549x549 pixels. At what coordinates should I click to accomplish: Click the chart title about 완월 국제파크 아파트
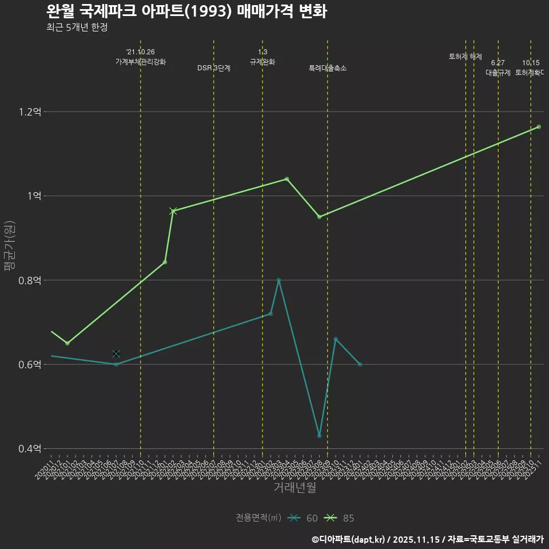(186, 11)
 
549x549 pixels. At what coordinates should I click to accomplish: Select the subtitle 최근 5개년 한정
(77, 27)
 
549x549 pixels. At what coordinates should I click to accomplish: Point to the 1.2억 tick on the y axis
(30, 112)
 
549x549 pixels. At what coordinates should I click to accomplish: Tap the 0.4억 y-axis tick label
(30, 449)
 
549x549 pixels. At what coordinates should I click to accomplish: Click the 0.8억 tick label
(30, 280)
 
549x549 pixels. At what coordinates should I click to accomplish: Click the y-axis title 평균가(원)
(9, 246)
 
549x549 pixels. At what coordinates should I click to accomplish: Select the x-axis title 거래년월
(295, 488)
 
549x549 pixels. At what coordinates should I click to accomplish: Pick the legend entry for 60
(303, 518)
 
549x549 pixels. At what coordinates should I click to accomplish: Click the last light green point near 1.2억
(539, 126)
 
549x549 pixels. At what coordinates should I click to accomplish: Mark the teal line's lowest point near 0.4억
(319, 436)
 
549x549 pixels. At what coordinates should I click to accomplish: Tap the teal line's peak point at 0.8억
(279, 280)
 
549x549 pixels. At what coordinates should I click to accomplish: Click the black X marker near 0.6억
(116, 354)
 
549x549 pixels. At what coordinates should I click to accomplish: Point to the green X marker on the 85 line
(173, 211)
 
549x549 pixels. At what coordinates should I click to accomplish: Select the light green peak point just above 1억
(287, 179)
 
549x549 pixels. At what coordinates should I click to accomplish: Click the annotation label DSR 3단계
(214, 68)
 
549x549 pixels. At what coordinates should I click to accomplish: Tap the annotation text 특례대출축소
(328, 68)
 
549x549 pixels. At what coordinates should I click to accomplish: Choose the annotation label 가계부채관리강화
(141, 62)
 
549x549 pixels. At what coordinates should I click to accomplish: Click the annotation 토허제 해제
(466, 57)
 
